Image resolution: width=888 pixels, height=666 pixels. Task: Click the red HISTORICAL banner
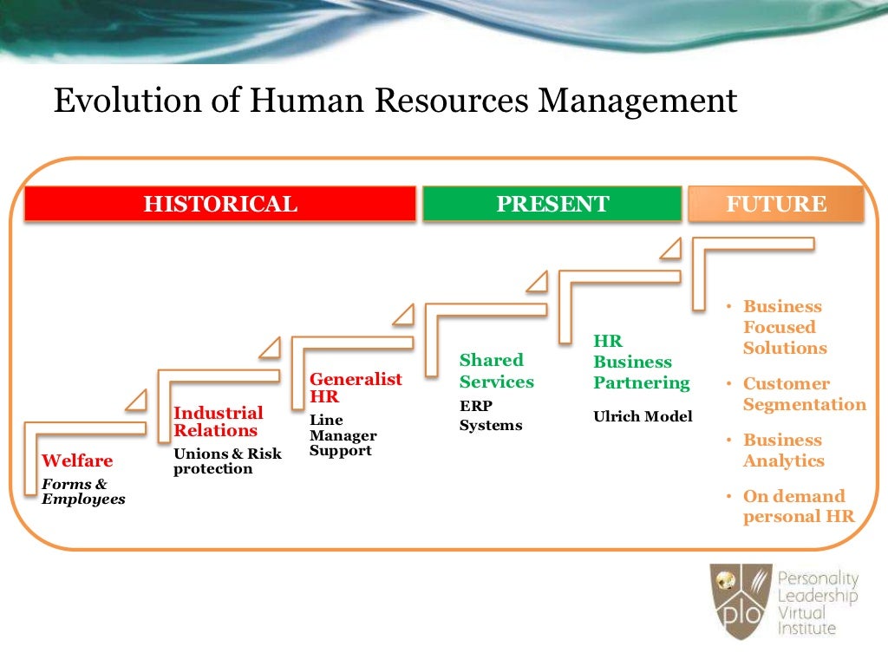(x=219, y=205)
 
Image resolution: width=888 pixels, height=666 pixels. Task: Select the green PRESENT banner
(x=552, y=205)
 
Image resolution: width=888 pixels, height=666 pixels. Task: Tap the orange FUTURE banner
(x=775, y=205)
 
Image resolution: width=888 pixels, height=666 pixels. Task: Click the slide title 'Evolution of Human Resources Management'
(x=395, y=101)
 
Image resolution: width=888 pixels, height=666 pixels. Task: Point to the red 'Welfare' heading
(x=77, y=460)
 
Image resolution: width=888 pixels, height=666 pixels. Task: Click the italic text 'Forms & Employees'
(x=83, y=492)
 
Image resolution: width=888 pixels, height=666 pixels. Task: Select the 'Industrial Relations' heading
(x=218, y=421)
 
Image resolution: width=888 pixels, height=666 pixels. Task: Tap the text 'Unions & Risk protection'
(x=227, y=461)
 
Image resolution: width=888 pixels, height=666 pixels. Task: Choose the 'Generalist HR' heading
(x=356, y=388)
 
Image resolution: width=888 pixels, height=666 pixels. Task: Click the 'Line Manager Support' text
(x=343, y=435)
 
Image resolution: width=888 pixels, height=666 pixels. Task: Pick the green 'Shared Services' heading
(x=496, y=370)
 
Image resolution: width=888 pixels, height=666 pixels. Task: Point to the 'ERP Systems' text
(x=490, y=415)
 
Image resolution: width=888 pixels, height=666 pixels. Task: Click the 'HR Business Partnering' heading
(x=641, y=362)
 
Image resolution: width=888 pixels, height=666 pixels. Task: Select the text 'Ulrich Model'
(x=643, y=416)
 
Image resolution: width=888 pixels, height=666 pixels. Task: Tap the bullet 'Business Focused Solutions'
(x=784, y=327)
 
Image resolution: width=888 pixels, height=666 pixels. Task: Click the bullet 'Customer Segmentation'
(x=803, y=394)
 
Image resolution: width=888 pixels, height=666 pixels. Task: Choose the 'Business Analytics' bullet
(x=783, y=450)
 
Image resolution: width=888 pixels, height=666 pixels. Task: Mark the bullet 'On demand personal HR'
(x=797, y=506)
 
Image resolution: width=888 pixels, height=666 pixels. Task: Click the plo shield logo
(x=740, y=600)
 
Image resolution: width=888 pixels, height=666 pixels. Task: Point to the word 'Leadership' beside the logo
(x=817, y=596)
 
